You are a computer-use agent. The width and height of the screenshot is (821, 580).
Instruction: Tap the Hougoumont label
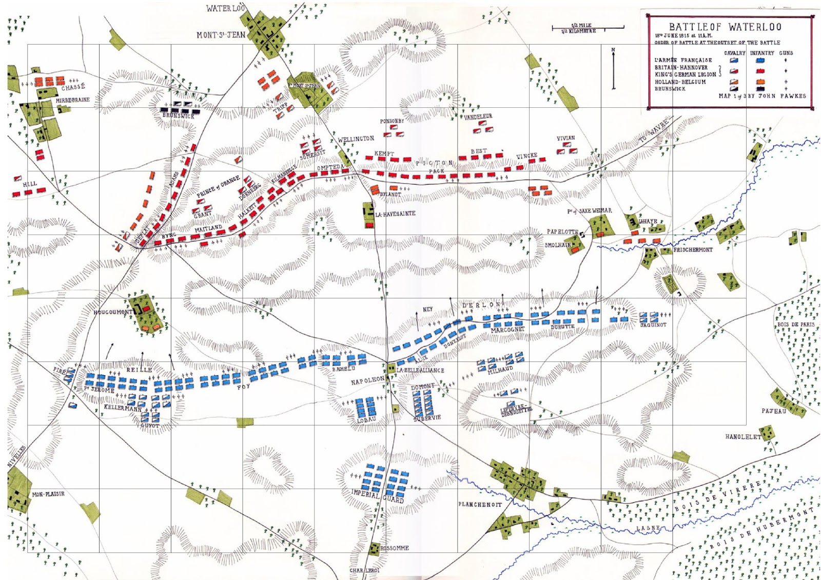[x=113, y=312]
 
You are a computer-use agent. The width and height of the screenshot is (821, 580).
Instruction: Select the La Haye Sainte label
[x=395, y=214]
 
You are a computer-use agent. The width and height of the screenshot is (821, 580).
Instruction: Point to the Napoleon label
[x=367, y=381]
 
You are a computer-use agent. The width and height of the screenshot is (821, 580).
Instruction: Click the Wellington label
[x=356, y=139]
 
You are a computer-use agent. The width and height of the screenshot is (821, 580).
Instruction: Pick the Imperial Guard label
[x=378, y=496]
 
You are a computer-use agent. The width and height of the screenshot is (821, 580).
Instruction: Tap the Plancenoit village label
[x=480, y=505]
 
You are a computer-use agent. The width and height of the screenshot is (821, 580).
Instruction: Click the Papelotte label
[x=562, y=232]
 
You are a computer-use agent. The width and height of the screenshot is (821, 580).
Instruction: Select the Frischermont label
[x=693, y=250]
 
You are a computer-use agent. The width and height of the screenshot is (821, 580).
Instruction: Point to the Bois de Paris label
[x=795, y=324]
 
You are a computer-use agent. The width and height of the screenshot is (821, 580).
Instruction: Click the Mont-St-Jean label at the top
[x=221, y=35]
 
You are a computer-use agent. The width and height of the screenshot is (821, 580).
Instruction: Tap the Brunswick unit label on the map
[x=179, y=116]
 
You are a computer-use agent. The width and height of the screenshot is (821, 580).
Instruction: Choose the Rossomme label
[x=395, y=548]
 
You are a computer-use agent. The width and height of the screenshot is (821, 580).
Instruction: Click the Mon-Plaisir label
[x=48, y=494]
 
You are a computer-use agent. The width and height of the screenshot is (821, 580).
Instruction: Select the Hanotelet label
[x=742, y=437]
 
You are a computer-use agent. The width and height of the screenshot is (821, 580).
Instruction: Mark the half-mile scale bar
[x=588, y=28]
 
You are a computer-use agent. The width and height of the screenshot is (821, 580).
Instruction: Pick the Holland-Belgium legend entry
[x=680, y=82]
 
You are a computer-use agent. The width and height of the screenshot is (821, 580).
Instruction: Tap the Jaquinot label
[x=653, y=325]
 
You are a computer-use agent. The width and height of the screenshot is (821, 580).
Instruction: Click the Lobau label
[x=366, y=420]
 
